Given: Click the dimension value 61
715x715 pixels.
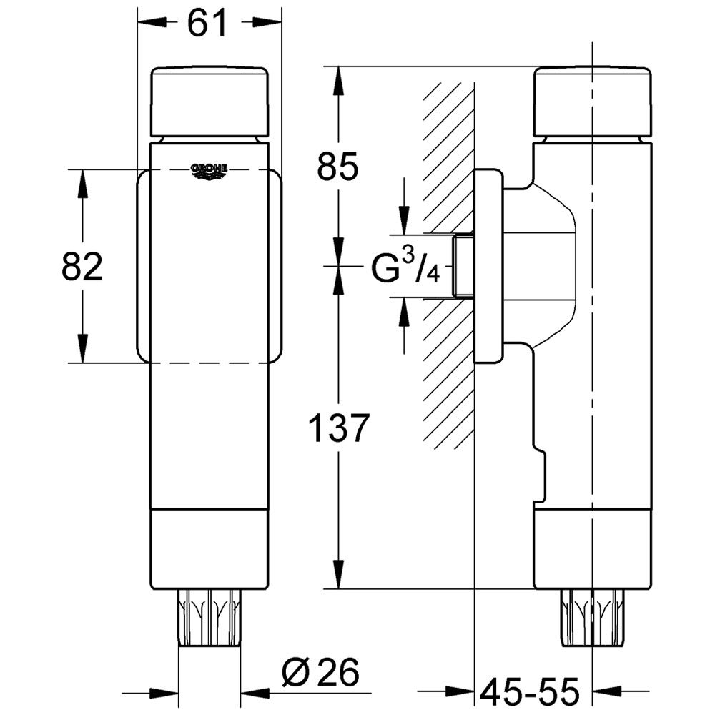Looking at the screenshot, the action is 207,23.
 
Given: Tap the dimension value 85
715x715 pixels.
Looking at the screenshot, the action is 338,167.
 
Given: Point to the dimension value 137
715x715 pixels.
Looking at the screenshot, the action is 338,428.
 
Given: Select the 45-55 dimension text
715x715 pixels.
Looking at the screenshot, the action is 529,691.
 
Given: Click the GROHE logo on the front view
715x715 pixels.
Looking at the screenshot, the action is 209,172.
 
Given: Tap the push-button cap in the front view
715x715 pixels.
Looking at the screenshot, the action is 209,102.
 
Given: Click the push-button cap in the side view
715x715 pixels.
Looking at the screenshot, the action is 593,102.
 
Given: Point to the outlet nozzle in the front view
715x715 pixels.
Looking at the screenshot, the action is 209,618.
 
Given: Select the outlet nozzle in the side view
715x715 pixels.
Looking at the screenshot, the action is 593,618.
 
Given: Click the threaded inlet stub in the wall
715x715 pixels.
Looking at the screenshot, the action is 464,266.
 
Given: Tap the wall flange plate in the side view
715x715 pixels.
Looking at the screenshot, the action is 489,266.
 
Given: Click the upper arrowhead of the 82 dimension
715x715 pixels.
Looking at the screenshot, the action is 82,183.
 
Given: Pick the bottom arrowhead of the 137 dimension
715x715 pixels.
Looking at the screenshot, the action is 338,575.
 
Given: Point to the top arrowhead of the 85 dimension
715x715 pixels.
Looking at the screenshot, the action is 338,81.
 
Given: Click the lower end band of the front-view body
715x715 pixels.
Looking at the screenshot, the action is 209,548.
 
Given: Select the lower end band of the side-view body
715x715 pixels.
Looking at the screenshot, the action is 593,548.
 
